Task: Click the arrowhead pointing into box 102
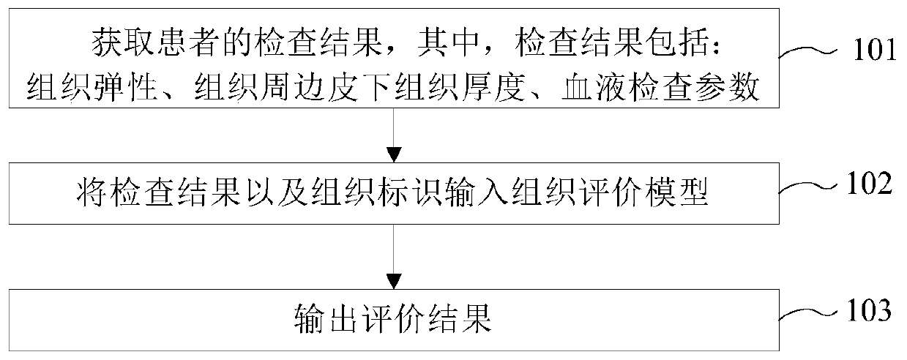(x=395, y=154)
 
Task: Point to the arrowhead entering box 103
(x=395, y=281)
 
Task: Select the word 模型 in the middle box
(x=685, y=191)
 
